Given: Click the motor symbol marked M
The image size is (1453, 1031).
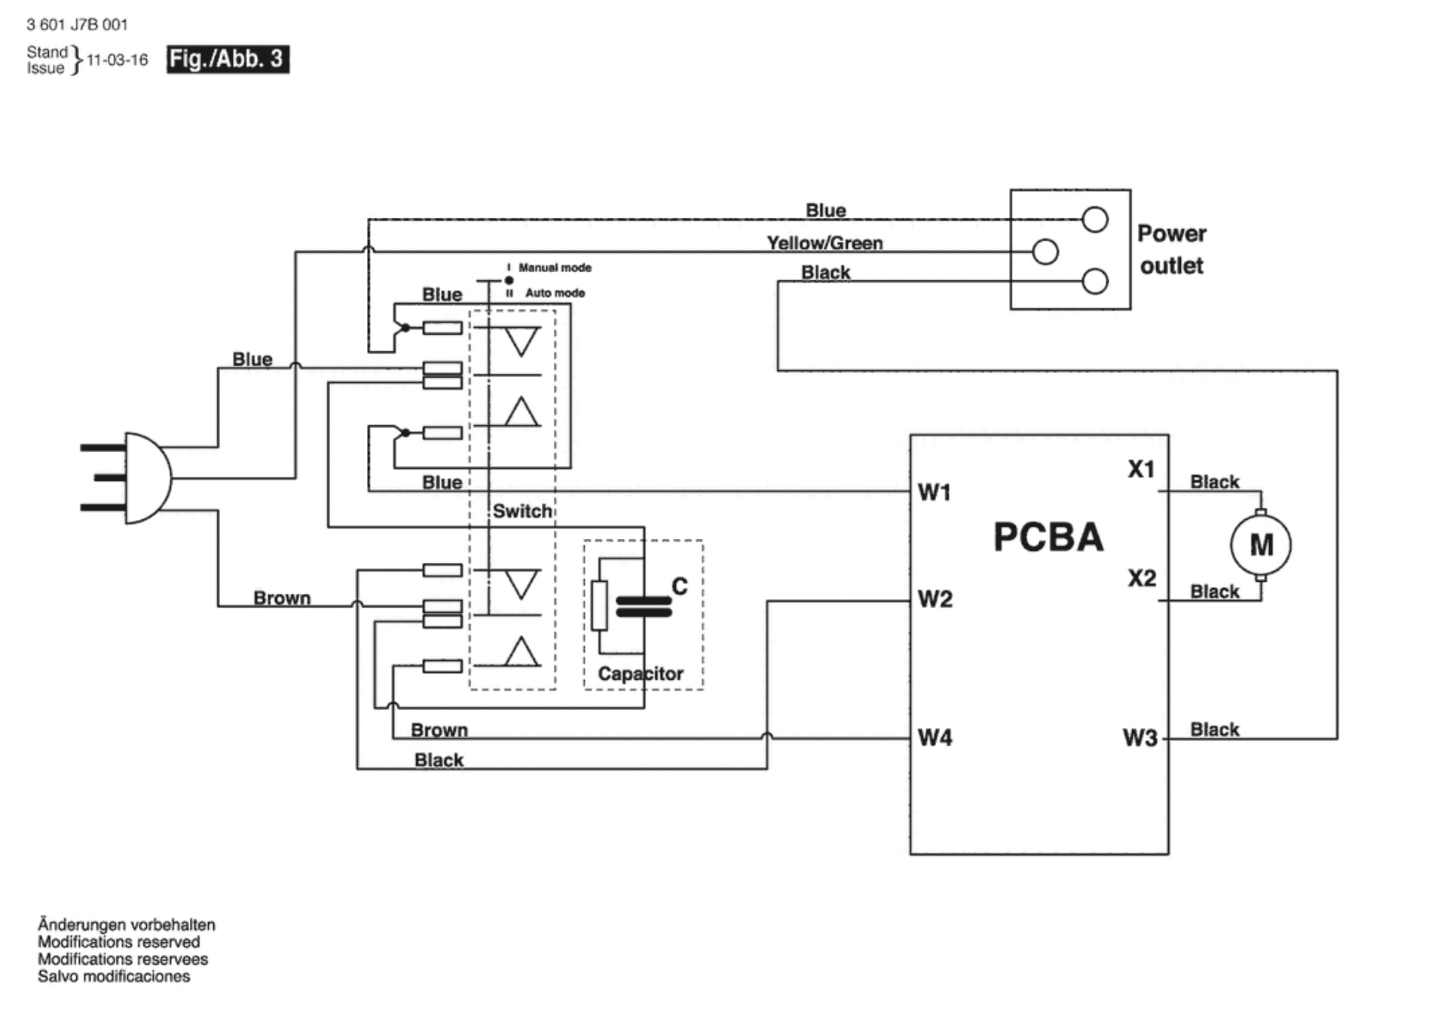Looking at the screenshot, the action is (1260, 545).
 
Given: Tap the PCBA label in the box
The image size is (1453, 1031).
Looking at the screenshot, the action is (1048, 537).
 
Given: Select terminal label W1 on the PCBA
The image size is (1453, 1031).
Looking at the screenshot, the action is (935, 492).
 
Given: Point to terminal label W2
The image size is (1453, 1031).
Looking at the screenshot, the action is (935, 599).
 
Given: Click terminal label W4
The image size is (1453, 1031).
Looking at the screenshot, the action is (935, 737).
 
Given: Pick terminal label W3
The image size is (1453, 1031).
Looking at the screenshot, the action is (1140, 737).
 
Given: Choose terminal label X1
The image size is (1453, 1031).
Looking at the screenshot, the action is (1142, 470).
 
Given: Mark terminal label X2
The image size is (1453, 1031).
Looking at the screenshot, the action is (1142, 578).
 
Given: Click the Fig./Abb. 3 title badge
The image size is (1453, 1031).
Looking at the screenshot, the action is (228, 59).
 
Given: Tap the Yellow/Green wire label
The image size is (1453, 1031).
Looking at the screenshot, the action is (824, 243).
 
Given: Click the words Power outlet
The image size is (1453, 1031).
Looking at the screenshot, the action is (1172, 249).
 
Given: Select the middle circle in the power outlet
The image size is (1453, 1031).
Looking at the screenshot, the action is (1045, 252).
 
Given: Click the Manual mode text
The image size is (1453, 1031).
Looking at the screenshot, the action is (555, 268).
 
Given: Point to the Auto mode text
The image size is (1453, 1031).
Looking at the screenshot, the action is (555, 292).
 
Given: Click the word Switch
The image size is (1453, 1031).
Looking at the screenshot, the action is (522, 511).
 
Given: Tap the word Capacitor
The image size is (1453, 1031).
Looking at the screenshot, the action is (641, 674).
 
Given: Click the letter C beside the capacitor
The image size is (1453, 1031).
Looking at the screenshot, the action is (679, 586).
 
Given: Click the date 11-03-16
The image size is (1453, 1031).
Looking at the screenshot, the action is (118, 60).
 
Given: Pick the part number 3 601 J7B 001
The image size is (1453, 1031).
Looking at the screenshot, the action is (77, 25).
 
